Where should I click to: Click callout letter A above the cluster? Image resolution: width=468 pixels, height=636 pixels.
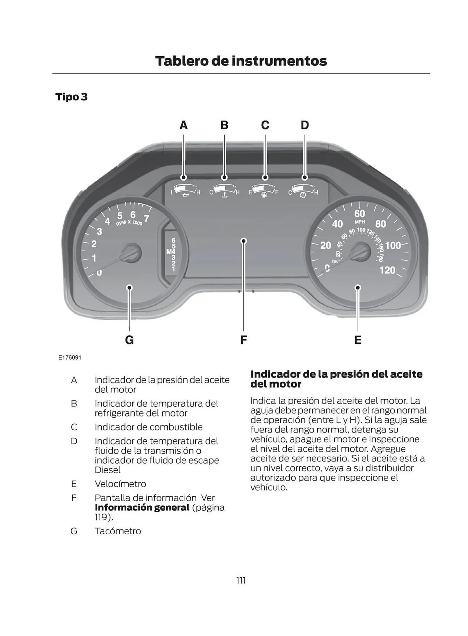click(183, 125)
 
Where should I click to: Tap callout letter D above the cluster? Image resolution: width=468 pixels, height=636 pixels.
click(304, 125)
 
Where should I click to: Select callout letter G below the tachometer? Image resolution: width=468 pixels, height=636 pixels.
click(129, 340)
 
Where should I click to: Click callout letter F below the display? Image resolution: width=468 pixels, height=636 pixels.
click(243, 340)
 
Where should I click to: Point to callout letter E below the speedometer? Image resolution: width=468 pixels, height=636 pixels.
click(358, 340)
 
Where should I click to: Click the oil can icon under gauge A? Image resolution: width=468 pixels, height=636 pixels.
click(185, 194)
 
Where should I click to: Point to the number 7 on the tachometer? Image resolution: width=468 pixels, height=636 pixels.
click(146, 218)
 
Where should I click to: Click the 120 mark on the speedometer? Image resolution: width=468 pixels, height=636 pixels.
click(387, 270)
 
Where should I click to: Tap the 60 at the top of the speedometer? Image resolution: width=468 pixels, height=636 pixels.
click(360, 213)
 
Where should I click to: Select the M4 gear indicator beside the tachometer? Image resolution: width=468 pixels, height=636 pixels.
click(171, 252)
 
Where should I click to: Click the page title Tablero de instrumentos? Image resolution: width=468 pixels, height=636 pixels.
click(241, 61)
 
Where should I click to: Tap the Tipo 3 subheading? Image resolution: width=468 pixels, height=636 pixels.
click(71, 97)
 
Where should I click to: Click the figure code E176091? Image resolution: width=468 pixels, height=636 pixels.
click(70, 357)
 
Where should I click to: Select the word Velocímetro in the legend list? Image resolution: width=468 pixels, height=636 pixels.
click(120, 484)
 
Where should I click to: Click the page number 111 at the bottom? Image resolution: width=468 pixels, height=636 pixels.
click(241, 581)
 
